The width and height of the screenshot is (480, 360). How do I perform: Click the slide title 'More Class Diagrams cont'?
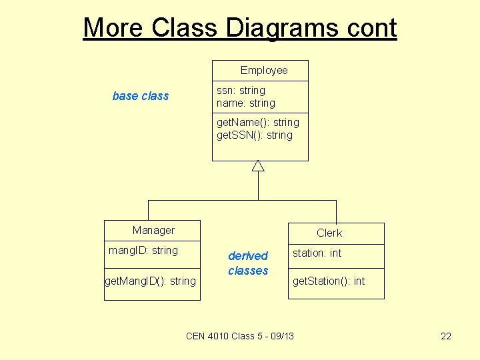[240, 28]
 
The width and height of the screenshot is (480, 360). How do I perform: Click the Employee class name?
[264, 71]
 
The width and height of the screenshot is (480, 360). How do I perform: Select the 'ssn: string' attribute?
[241, 90]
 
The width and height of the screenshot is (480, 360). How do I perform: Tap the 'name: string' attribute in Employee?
[245, 103]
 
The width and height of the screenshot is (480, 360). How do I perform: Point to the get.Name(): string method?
[258, 123]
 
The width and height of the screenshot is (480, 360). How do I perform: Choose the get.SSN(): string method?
[255, 135]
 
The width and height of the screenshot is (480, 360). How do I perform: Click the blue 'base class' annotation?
[141, 96]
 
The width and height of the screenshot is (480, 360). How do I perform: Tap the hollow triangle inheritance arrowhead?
[258, 166]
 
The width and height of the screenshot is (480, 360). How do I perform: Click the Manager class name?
[153, 231]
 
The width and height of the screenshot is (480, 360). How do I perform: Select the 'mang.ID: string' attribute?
[143, 251]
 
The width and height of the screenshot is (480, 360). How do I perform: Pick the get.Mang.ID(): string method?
[151, 281]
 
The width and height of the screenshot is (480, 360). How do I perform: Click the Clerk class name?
[329, 233]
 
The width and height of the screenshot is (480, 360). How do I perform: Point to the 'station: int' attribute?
[317, 253]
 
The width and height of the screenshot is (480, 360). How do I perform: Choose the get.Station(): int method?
[329, 281]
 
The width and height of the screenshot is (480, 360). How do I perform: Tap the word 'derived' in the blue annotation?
[248, 256]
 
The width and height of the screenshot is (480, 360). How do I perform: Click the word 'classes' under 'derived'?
[248, 271]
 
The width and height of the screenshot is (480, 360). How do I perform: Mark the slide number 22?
[446, 336]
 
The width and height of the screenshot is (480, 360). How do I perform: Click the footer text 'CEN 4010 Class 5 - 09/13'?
[240, 336]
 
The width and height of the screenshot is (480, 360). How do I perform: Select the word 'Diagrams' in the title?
[274, 28]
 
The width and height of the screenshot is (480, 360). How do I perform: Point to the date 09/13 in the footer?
[280, 336]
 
